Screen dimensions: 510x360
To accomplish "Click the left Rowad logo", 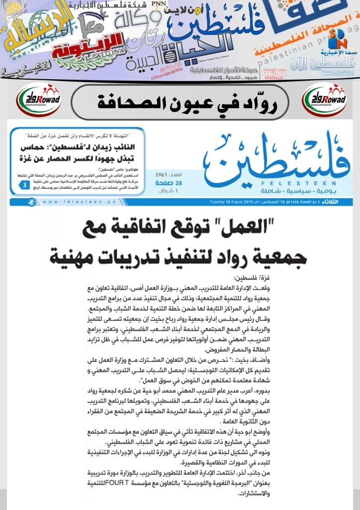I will point(38,100).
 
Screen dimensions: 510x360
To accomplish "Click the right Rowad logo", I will point(325,100).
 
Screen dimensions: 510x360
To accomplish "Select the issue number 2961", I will point(162,176).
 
